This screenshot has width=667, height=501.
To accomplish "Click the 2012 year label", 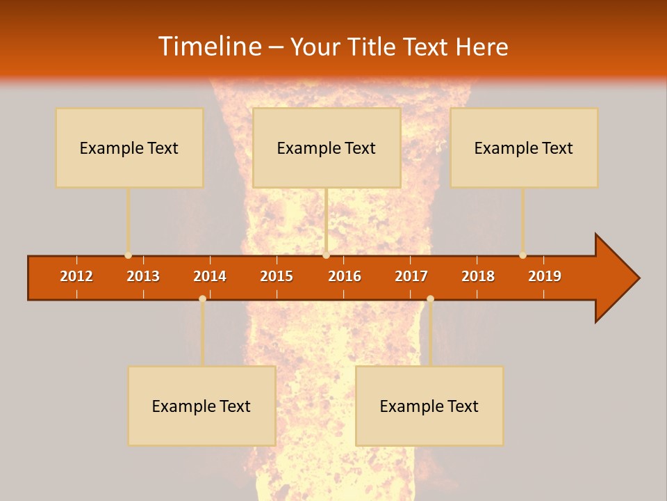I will tap(76, 276).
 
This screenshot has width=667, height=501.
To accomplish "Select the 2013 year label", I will tap(143, 276).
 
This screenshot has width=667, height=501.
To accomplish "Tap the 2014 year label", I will tap(210, 276).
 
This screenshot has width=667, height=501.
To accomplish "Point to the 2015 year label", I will tap(277, 276).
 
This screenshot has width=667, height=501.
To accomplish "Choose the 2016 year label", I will tap(345, 276).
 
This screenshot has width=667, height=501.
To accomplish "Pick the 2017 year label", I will tap(411, 276).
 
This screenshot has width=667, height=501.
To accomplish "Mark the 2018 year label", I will tap(478, 276).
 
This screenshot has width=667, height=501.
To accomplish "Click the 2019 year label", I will tap(545, 276).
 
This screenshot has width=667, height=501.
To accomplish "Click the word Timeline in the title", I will tap(209, 47).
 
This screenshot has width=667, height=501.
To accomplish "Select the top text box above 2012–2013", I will tap(129, 148).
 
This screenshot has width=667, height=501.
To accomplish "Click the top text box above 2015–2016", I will tap(327, 148).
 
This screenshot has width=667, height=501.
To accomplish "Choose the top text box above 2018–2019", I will tap(524, 148).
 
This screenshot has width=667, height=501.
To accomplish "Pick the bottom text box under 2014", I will tap(201, 406).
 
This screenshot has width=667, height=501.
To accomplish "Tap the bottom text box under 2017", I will tap(429, 406).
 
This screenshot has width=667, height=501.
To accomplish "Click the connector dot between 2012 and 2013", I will tap(128, 255).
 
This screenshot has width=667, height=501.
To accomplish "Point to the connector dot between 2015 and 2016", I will tap(326, 255).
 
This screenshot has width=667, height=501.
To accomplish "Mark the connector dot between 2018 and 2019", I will tap(522, 255).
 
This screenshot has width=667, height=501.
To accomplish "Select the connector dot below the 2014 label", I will tap(202, 299).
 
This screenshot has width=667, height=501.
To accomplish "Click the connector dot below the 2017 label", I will tap(430, 299).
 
